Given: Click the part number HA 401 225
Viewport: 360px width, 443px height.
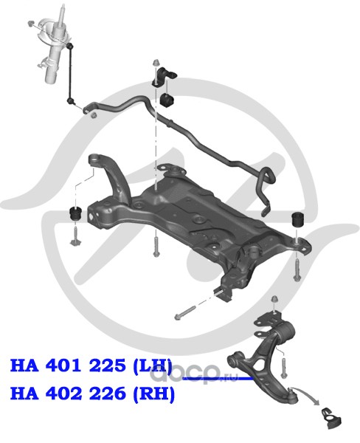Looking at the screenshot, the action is [68, 365].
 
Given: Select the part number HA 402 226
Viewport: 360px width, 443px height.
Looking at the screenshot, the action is [68, 393].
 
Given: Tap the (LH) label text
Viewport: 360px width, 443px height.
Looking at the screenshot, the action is [153, 366].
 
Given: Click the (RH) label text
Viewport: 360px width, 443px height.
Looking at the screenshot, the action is [154, 394].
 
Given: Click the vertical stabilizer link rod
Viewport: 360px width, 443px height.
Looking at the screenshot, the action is [71, 73].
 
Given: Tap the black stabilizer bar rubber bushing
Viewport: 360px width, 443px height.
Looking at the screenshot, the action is [167, 100].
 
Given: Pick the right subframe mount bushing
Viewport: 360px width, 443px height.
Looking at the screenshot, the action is [298, 219].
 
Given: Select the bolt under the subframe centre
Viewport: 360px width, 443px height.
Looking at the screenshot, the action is [156, 247].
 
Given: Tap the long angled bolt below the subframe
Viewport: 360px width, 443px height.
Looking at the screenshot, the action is [185, 312].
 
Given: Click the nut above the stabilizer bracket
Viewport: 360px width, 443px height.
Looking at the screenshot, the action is [156, 63].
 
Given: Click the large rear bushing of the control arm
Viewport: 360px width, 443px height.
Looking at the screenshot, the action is [285, 334].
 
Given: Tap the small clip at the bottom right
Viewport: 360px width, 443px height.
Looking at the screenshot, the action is [331, 418].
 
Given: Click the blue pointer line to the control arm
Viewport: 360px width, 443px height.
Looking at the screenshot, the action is [218, 378].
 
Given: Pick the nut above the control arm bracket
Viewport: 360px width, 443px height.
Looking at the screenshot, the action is [274, 300].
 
